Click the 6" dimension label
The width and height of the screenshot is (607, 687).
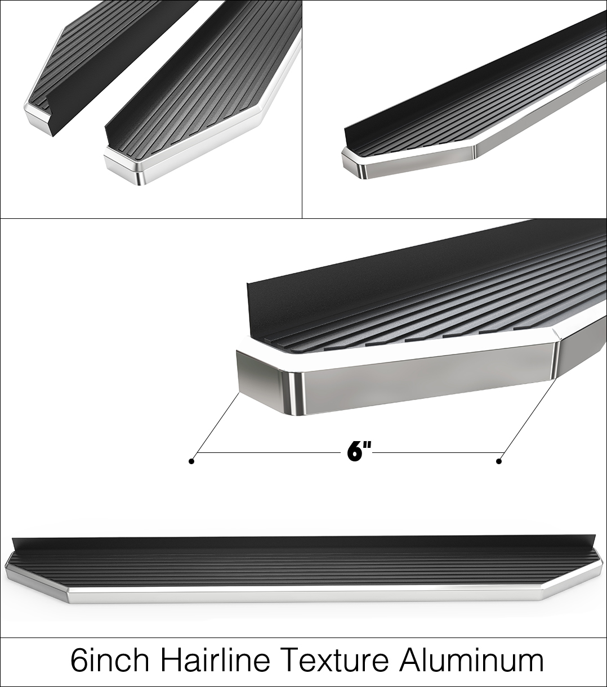pyautogui.click(x=359, y=452)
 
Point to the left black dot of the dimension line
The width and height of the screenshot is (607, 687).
pyautogui.click(x=191, y=461)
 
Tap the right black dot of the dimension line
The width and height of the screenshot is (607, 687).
pyautogui.click(x=499, y=461)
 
